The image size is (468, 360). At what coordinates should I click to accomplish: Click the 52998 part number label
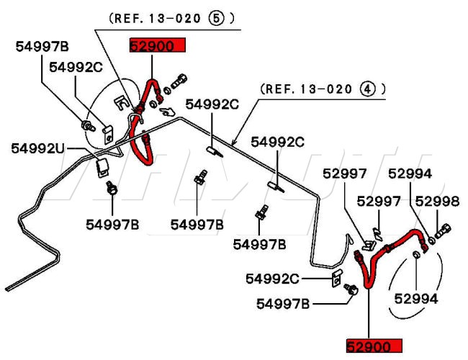[436, 201]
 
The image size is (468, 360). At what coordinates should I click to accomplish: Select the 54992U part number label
[37, 148]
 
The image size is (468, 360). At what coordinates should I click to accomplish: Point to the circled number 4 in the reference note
[369, 89]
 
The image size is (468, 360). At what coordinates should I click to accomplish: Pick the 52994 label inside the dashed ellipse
[416, 297]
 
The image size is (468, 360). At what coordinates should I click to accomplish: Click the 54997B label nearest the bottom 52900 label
[283, 304]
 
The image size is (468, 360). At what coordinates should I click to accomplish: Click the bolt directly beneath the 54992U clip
[112, 190]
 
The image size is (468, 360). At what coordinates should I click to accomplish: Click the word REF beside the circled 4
[275, 89]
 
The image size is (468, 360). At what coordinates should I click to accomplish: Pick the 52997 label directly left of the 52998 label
[379, 201]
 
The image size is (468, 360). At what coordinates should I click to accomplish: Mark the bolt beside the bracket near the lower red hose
[352, 289]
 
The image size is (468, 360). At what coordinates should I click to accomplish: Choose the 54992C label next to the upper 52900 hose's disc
[76, 67]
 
